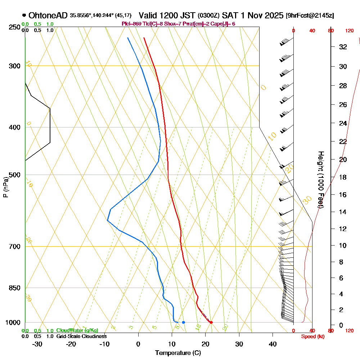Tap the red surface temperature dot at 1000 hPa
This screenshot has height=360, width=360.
coord(211,322)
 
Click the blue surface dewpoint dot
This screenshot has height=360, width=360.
coord(184,322)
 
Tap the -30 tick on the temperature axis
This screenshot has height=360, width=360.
coord(37,344)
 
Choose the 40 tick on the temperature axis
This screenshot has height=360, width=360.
coord(273,344)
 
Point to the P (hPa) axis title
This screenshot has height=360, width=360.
coord(5,187)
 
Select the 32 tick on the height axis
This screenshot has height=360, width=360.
coord(343,47)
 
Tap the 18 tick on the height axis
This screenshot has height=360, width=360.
coord(343,177)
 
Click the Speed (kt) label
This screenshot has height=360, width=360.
coord(312,336)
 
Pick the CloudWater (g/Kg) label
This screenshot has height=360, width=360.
coord(77,330)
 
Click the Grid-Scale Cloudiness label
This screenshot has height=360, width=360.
coord(81,336)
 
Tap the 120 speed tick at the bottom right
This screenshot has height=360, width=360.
coord(349,330)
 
